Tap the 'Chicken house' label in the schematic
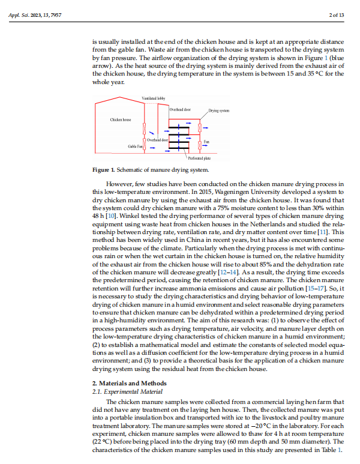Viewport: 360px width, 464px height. pyautogui.click(x=121, y=120)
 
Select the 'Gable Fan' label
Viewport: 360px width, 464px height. pyautogui.click(x=135, y=146)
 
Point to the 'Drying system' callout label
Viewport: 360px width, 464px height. pyautogui.click(x=219, y=111)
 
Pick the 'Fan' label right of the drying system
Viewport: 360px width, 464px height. pyautogui.click(x=206, y=142)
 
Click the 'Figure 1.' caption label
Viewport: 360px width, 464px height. pyautogui.click(x=103, y=170)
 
